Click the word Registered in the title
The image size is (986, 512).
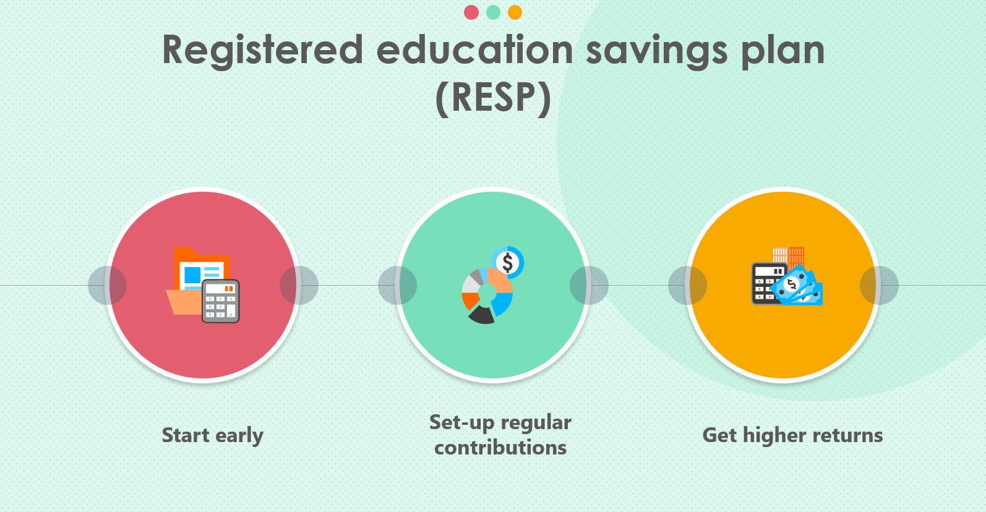point(262,51)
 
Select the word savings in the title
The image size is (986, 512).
point(656,51)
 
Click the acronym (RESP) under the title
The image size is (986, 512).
point(493,98)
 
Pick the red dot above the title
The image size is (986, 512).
point(471,12)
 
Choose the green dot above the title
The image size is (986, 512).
point(493,12)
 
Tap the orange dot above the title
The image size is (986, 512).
point(515,12)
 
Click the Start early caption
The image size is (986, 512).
point(212,435)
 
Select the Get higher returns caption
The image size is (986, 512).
point(792,435)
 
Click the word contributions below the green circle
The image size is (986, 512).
point(500,448)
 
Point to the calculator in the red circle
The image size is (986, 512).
point(221,301)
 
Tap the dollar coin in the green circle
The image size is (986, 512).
point(508,262)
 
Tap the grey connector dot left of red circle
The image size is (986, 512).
point(107,285)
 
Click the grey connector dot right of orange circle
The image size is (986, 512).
point(879,285)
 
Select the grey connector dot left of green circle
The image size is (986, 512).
point(397,285)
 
